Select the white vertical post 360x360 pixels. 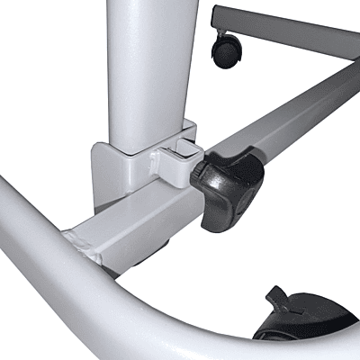[147, 63]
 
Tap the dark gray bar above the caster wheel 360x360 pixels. [288, 27]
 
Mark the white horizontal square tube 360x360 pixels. [135, 225]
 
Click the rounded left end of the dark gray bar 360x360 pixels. [215, 15]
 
